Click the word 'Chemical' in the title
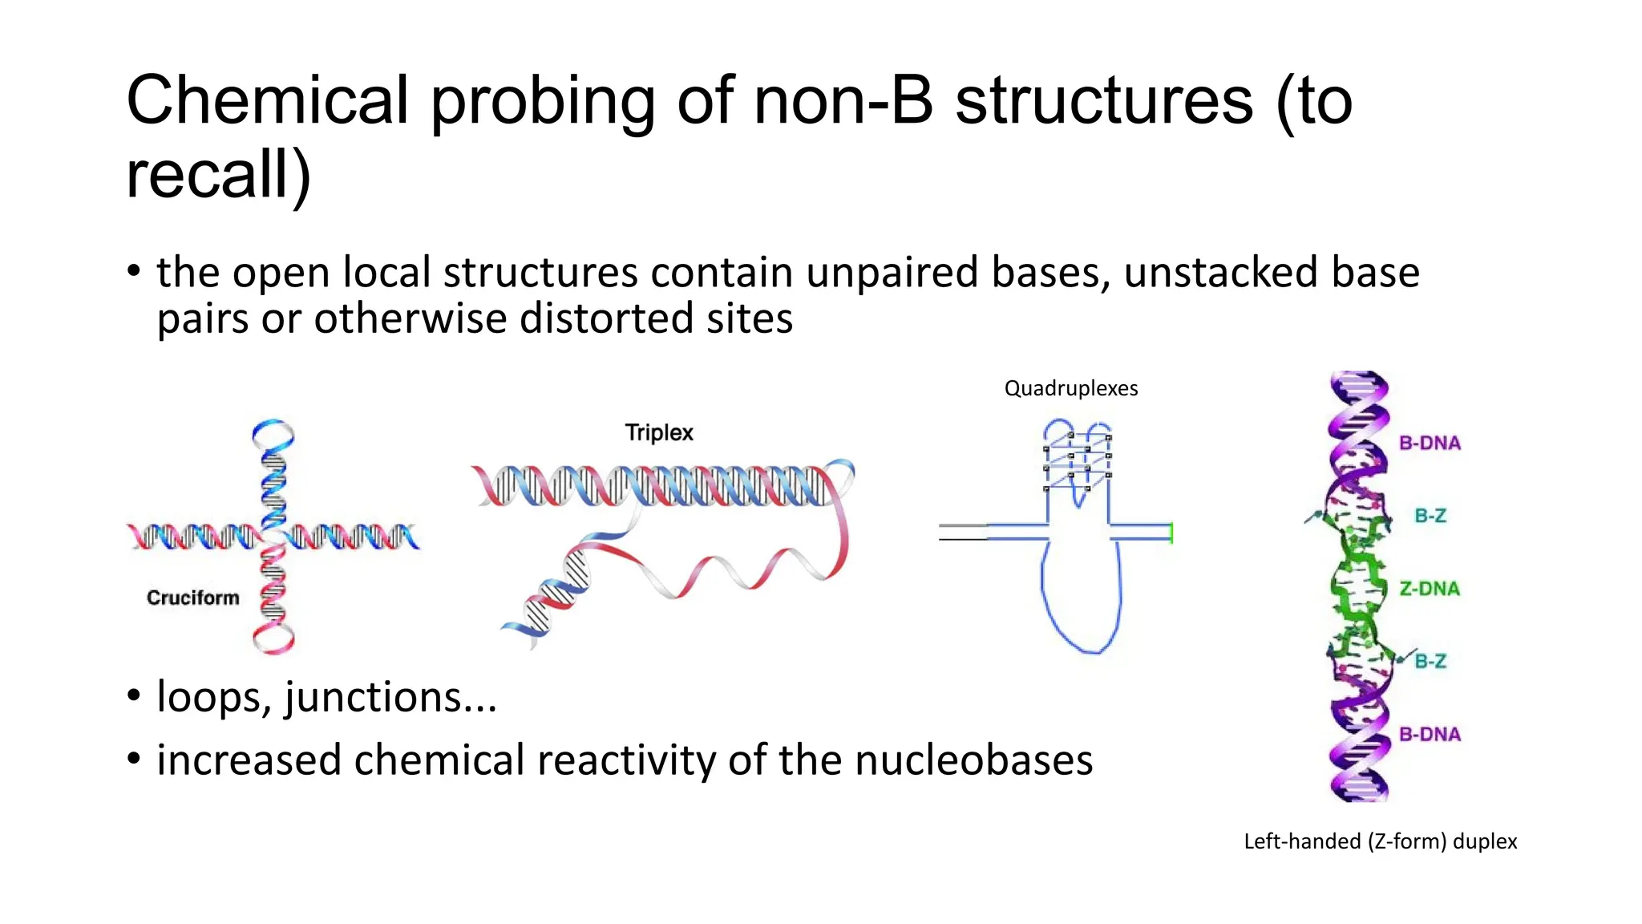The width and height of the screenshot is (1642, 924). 268,101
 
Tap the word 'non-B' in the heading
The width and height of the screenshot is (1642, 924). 843,101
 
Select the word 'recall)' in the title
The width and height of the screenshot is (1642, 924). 218,175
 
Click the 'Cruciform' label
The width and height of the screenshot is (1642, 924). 193,598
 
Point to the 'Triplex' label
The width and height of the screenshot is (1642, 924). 659,432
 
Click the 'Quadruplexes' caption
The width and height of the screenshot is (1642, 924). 1070,389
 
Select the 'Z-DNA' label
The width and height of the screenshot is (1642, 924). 1430,589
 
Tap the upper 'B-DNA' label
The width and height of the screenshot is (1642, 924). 1430,443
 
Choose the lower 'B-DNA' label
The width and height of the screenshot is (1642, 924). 1430,734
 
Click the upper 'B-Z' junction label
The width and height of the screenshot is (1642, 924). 1430,516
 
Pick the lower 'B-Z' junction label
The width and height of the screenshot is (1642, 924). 1430,662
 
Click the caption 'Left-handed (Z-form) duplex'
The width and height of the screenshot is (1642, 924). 1380,841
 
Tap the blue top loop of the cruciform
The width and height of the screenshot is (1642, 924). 273,434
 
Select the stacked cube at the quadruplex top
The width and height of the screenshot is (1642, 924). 1078,461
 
